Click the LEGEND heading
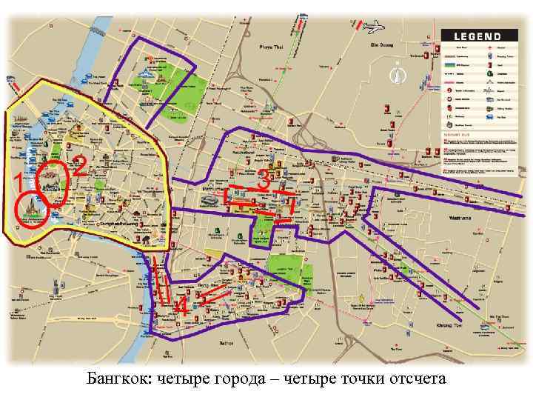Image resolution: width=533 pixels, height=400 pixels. point(477,36)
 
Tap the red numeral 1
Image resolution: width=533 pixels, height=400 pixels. point(17,181)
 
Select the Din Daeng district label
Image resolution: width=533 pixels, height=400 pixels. point(380,44)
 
